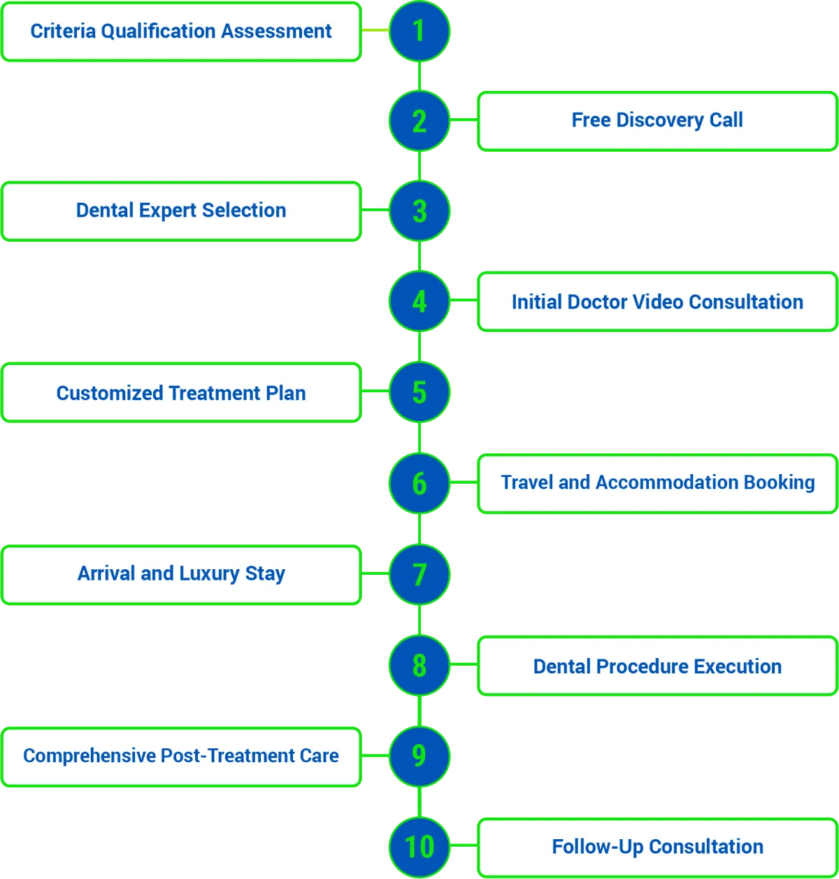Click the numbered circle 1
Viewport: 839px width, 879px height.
(419, 31)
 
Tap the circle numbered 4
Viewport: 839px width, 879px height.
(419, 301)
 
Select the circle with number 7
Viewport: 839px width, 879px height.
(419, 574)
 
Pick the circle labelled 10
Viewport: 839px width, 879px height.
(419, 847)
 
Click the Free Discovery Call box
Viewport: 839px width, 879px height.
(657, 121)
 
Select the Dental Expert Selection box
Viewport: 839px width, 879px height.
(181, 211)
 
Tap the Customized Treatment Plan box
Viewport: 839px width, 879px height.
(181, 393)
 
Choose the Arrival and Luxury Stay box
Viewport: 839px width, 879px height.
(181, 574)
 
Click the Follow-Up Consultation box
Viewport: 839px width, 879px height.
(657, 847)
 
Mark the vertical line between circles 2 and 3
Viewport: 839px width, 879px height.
(419, 166)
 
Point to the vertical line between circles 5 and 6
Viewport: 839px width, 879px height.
(419, 438)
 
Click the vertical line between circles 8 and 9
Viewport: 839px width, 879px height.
(419, 710)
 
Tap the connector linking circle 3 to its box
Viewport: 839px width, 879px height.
(375, 211)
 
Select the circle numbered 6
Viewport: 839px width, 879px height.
(419, 483)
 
